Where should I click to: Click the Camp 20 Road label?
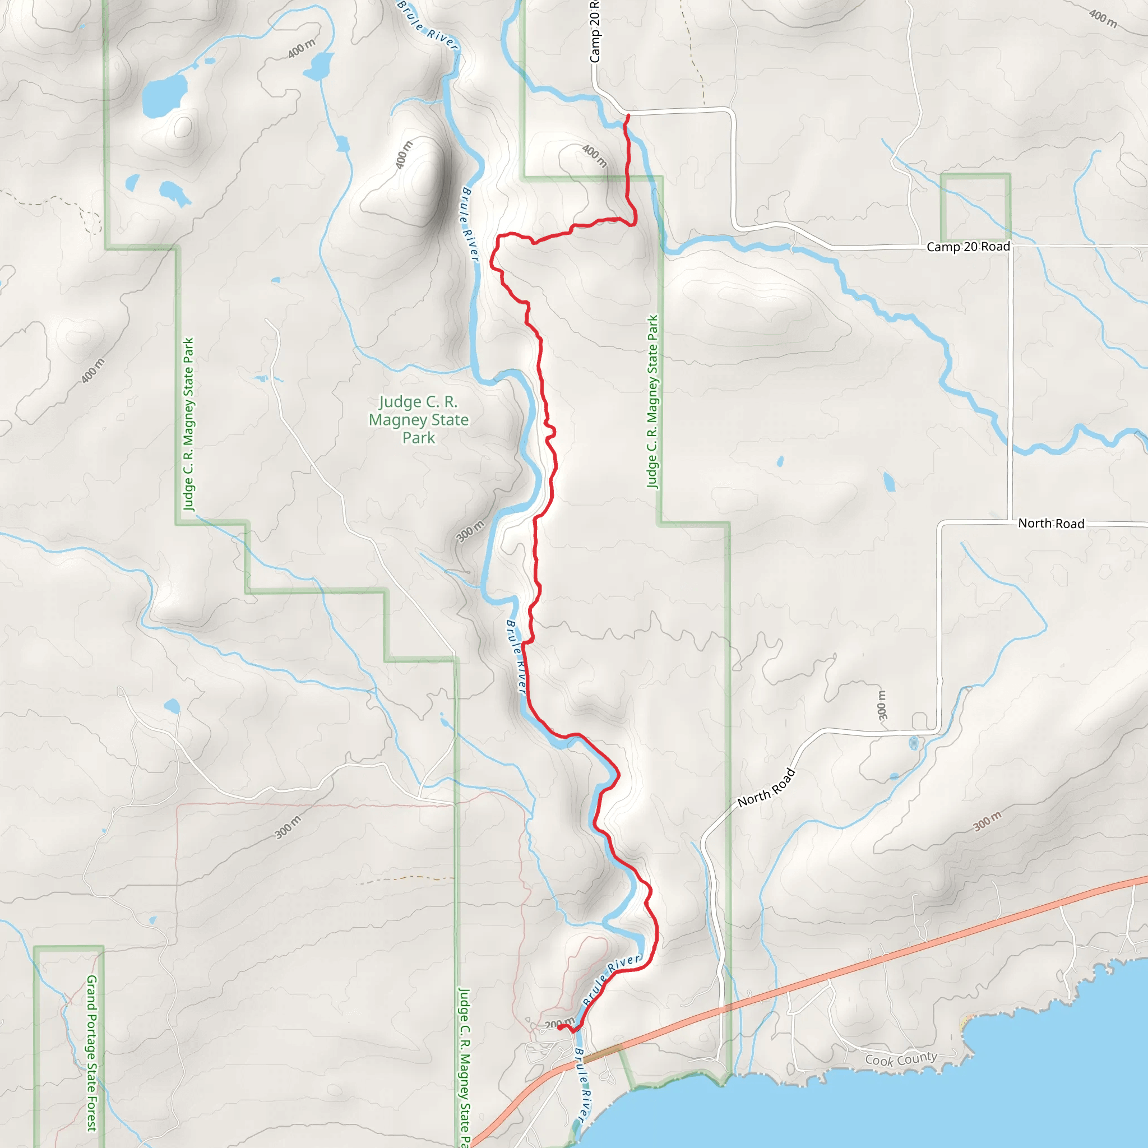pos(968,247)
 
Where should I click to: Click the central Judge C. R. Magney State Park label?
pos(418,420)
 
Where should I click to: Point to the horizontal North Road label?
pos(1051,524)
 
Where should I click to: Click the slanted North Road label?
pos(766,788)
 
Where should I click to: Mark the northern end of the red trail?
pos(628,116)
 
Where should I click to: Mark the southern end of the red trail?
pos(559,1027)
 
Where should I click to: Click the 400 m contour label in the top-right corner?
pos(1103,18)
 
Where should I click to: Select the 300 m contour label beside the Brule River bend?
pos(470,531)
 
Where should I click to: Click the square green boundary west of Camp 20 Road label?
pos(975,207)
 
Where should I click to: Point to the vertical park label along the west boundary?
pos(188,424)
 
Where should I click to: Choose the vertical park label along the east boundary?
pos(652,402)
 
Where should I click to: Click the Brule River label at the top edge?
pos(427,25)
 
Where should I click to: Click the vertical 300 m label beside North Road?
pos(882,705)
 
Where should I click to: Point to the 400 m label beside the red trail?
pos(594,156)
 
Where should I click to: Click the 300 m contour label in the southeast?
pos(987,821)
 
